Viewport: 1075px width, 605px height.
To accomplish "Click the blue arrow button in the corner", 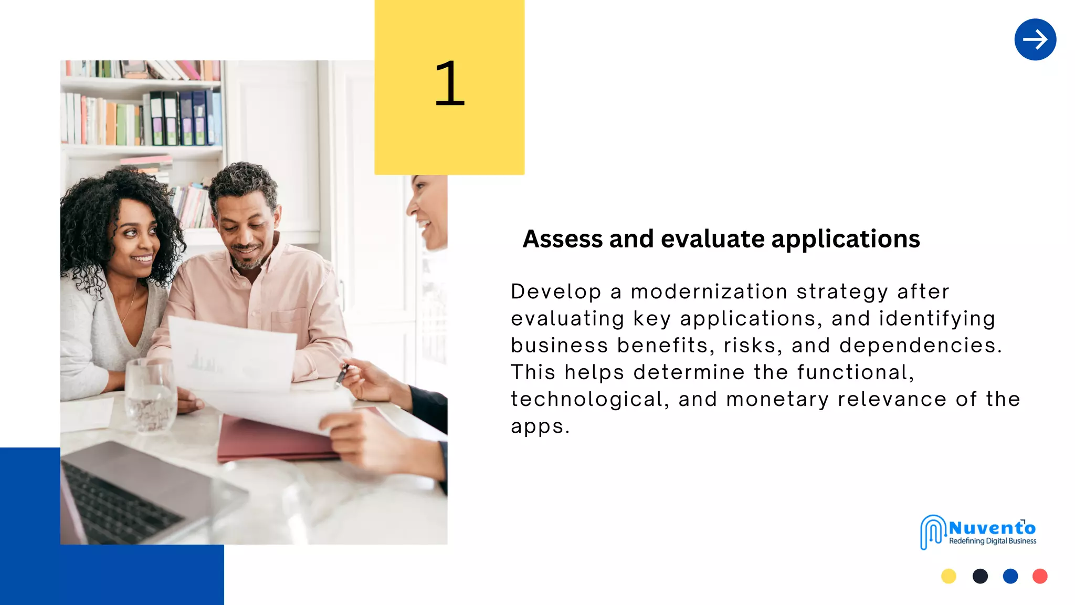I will [x=1035, y=39].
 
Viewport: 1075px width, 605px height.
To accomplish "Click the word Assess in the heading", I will [x=562, y=239].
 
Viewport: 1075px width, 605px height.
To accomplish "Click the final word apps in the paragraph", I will [x=539, y=426].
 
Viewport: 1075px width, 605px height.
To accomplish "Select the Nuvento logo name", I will [x=992, y=528].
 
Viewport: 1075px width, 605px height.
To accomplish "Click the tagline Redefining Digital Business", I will [x=992, y=541].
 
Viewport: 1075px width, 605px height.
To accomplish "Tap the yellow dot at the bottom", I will [x=948, y=576].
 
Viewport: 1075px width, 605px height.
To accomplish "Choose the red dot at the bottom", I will [x=1040, y=576].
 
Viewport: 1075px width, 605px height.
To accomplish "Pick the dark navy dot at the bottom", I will [x=980, y=576].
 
